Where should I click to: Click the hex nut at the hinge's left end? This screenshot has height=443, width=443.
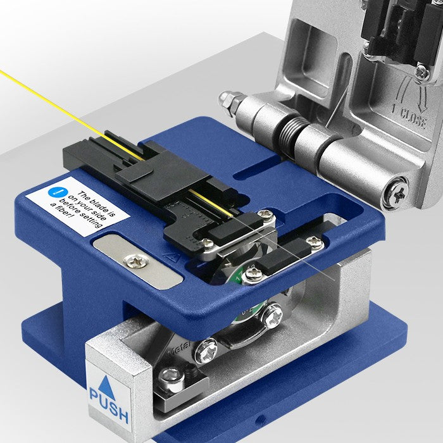[226, 99]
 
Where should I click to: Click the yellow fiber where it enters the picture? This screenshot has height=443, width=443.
[3, 73]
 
